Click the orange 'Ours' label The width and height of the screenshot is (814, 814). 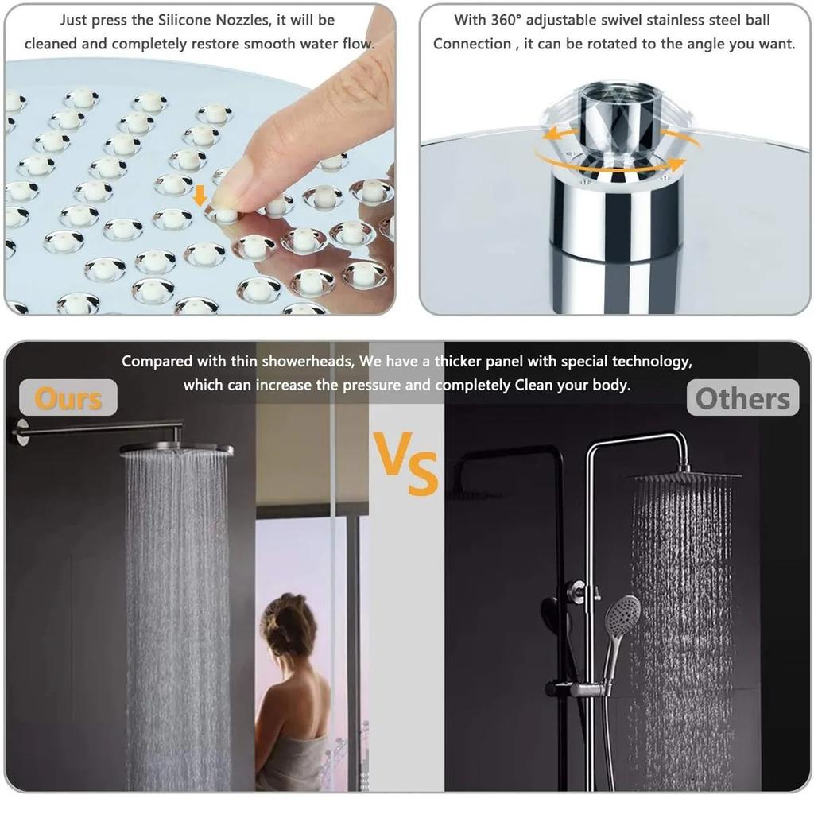68,398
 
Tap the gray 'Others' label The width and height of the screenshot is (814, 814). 742,399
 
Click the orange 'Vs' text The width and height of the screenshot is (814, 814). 407,464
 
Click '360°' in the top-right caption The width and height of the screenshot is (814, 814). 500,20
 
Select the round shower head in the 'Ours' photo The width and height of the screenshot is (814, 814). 176,449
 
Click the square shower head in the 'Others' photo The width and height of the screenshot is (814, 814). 684,475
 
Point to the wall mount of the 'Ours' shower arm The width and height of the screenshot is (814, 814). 17,431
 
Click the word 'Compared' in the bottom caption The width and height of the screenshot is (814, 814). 157,362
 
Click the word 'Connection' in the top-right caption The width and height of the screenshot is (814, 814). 474,44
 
